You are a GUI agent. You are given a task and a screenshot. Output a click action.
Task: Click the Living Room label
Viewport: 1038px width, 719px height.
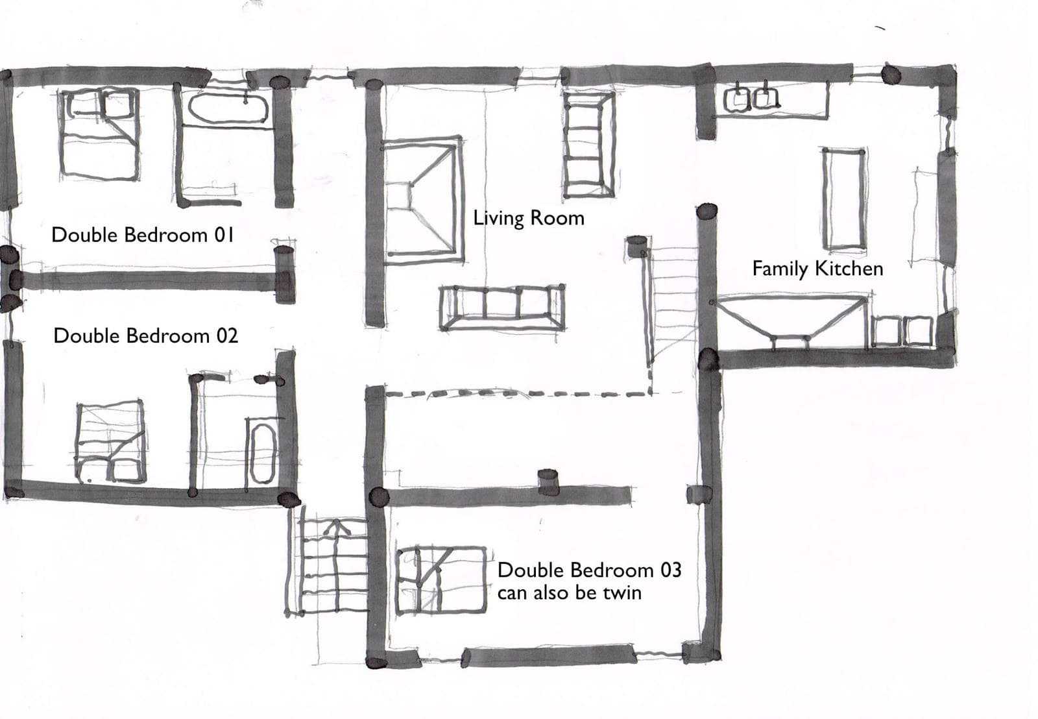[x=529, y=218]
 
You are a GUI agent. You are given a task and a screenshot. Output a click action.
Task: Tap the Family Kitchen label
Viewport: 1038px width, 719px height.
[x=817, y=269]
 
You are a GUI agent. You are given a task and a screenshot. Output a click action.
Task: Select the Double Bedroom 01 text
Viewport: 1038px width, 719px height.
[x=143, y=235]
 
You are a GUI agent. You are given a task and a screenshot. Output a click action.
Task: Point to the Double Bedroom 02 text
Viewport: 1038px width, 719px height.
[x=145, y=335]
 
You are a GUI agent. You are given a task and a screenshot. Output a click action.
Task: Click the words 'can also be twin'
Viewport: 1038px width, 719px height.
[x=570, y=593]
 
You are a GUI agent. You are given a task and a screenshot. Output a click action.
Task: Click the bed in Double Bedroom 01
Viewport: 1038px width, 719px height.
[x=99, y=134]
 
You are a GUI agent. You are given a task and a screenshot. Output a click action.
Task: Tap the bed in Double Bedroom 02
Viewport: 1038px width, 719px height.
[x=110, y=442]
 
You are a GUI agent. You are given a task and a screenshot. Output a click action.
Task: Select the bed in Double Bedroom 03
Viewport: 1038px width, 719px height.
[x=441, y=580]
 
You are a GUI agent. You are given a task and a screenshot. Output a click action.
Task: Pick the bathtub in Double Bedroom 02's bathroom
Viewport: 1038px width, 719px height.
[x=263, y=454]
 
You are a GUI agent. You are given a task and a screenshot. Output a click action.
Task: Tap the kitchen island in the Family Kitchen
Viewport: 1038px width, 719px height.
[x=844, y=199]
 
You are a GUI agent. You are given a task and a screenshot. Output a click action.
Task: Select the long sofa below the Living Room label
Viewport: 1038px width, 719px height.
[x=502, y=308]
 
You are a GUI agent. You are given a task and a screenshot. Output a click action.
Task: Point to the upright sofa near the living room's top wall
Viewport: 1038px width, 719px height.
[x=589, y=144]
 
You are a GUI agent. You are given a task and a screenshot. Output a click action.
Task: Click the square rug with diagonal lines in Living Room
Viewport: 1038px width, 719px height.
[x=422, y=201]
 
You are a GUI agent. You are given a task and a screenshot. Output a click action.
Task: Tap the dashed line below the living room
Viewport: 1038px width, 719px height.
[x=518, y=394]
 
